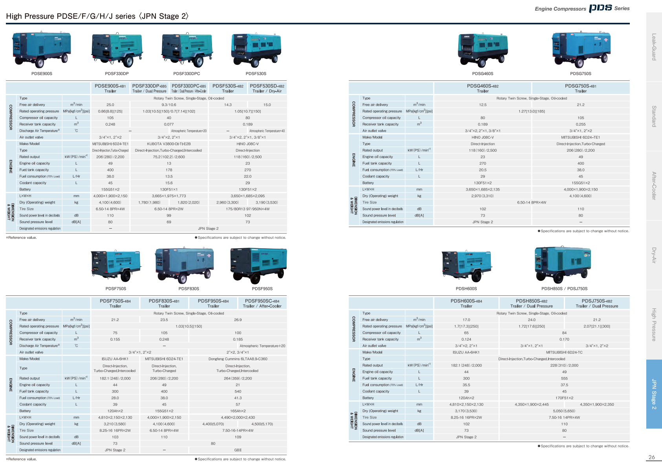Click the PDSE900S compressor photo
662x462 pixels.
42,49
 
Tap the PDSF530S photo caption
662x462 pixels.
256,73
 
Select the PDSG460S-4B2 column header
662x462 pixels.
483,88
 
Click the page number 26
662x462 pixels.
651,457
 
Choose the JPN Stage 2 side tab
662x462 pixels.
654,394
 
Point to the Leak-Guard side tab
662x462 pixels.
654,47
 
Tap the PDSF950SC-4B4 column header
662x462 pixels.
262,303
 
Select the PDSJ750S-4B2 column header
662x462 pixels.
597,303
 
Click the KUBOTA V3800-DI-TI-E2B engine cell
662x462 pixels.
169,144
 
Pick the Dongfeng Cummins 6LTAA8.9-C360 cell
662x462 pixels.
238,359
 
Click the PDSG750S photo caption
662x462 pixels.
580,73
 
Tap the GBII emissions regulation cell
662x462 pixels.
238,450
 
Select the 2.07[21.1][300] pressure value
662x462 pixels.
597,326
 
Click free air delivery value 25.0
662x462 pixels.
110,105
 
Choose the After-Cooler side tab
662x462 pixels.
654,186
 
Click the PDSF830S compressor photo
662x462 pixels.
185,265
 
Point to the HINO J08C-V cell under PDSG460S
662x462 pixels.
483,137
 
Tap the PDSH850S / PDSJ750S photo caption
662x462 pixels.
564,289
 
